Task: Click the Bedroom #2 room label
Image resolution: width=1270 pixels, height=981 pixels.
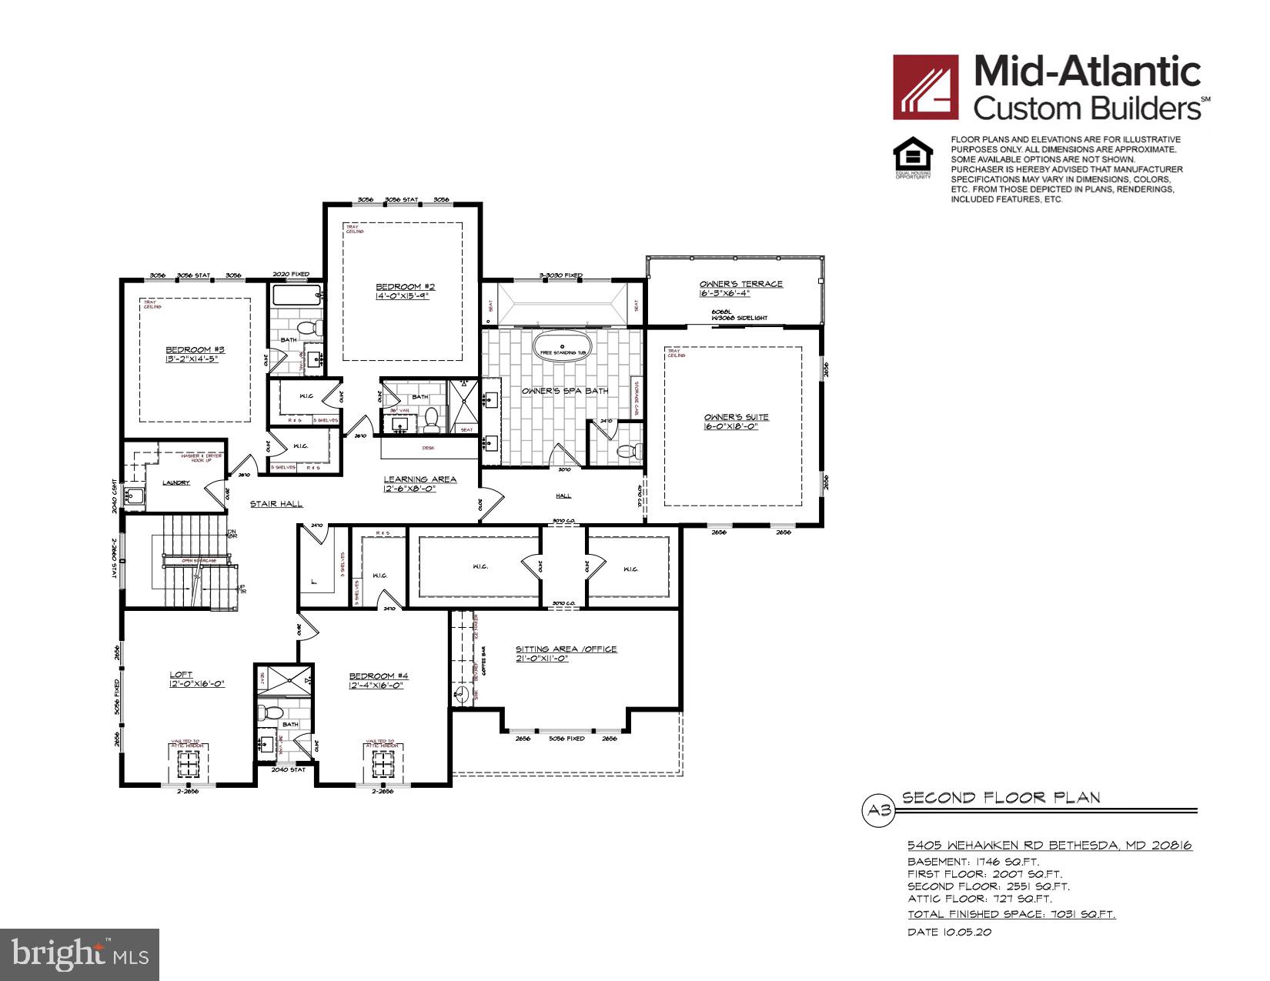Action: [401, 286]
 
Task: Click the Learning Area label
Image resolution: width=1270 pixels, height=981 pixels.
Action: [420, 479]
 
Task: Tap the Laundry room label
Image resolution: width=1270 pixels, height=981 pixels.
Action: [176, 482]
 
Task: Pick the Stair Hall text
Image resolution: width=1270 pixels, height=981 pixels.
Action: [276, 504]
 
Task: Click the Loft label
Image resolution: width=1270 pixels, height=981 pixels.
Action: [181, 675]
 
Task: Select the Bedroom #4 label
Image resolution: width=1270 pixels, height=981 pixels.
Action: [378, 676]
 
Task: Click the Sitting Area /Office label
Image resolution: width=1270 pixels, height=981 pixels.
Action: [566, 649]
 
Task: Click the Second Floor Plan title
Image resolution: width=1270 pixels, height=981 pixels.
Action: [1001, 798]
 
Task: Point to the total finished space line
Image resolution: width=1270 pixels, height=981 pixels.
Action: [1011, 914]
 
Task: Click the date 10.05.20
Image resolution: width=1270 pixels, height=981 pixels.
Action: [950, 932]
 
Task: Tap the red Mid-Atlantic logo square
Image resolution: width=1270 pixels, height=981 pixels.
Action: [925, 87]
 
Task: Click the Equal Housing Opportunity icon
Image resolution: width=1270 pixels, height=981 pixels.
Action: [912, 157]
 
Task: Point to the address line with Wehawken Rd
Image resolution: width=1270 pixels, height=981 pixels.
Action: [1050, 845]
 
